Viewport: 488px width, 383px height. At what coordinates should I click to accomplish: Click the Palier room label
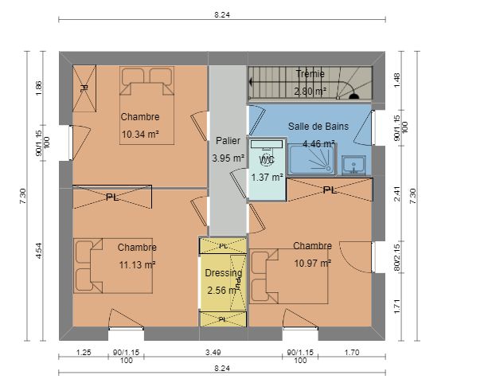click(x=228, y=141)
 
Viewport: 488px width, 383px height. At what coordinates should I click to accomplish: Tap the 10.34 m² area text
click(x=140, y=135)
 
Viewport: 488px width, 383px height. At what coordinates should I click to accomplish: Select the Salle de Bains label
click(x=318, y=126)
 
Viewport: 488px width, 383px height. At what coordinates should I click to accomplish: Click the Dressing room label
click(x=224, y=273)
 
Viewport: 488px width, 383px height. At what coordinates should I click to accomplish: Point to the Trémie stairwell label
click(x=310, y=74)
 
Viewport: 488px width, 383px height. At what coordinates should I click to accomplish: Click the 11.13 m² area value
click(x=137, y=265)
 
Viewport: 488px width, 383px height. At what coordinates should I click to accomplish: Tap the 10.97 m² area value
click(x=313, y=264)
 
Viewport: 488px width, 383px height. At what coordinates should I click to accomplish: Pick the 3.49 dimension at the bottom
click(x=213, y=353)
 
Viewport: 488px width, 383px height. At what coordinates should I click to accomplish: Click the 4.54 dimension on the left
click(x=38, y=251)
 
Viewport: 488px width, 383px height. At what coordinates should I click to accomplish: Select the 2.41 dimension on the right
click(x=397, y=194)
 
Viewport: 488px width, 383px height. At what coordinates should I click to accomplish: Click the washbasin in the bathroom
click(x=353, y=165)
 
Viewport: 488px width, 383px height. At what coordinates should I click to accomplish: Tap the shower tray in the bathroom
click(x=311, y=159)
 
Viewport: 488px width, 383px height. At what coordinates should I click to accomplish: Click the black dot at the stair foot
click(x=354, y=96)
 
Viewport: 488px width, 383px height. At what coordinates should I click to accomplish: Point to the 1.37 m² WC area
click(x=267, y=178)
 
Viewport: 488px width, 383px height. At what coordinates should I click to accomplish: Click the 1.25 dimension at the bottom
click(x=84, y=353)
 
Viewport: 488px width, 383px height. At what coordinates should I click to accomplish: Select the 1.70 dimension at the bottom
click(x=352, y=353)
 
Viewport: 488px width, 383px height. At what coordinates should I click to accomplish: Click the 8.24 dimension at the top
click(x=222, y=14)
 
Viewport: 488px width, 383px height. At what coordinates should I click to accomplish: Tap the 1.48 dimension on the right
click(x=397, y=80)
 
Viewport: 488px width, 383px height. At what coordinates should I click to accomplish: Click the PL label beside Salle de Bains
click(x=330, y=190)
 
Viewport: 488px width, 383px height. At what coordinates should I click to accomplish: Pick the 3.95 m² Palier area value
click(x=228, y=158)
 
